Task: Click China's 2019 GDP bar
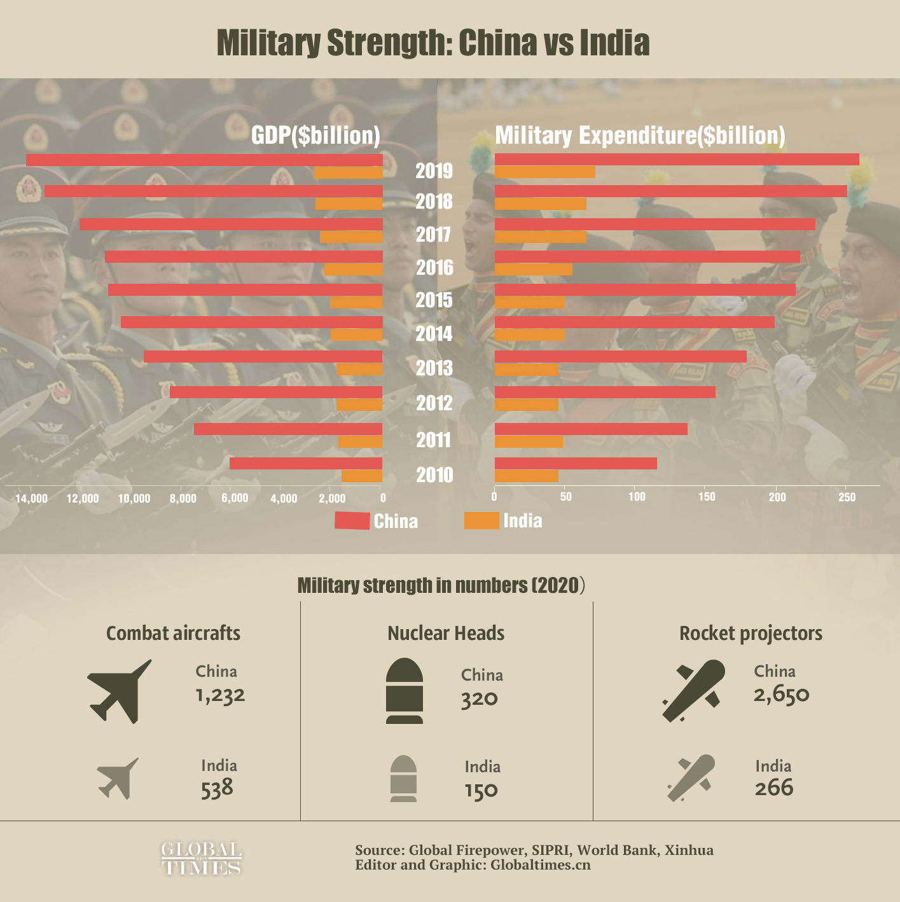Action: click(204, 160)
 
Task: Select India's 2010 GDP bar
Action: click(362, 476)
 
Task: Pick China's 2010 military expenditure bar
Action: click(576, 463)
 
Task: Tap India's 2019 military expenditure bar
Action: click(544, 172)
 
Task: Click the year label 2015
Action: click(434, 300)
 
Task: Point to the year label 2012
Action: click(434, 403)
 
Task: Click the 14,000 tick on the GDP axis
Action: click(31, 498)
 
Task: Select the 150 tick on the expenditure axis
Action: click(707, 497)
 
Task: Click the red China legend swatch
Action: click(352, 521)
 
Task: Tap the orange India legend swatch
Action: click(481, 520)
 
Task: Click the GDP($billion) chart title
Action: click(315, 135)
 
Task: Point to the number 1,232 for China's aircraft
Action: click(220, 695)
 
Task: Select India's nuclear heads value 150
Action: click(481, 791)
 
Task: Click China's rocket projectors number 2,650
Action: click(781, 694)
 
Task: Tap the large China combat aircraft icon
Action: click(120, 691)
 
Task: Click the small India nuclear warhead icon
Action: click(404, 779)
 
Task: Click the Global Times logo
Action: click(202, 858)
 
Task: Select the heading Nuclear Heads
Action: click(446, 633)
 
